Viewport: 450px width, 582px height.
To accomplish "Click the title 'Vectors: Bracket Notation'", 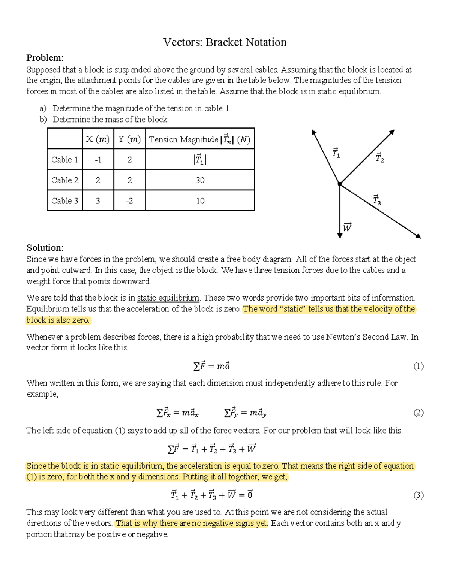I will click(x=225, y=42).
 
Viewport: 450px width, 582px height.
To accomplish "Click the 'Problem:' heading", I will click(x=45, y=58).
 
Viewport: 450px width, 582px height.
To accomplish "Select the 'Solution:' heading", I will click(x=45, y=248).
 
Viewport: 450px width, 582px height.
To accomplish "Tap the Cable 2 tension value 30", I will click(x=200, y=180).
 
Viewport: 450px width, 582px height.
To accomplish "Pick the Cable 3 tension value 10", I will click(x=200, y=201).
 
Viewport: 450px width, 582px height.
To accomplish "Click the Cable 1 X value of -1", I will click(x=98, y=160).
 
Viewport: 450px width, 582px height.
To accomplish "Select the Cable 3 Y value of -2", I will click(x=129, y=201).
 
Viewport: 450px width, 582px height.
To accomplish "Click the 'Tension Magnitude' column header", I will click(x=199, y=139).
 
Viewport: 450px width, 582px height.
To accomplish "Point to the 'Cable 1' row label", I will click(x=64, y=160).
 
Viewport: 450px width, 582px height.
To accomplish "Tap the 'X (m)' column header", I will click(x=97, y=139).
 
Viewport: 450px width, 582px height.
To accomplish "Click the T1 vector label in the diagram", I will click(x=336, y=153).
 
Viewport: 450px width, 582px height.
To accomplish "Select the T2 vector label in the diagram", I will click(x=380, y=158).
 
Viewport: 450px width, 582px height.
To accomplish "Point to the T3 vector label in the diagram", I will click(x=377, y=200).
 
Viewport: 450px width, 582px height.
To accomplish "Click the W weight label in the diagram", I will click(x=347, y=227).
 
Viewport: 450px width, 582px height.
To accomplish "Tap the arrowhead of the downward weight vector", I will click(x=340, y=236).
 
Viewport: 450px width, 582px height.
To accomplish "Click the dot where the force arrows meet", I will click(x=340, y=184).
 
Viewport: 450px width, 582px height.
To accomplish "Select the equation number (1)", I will click(x=418, y=366).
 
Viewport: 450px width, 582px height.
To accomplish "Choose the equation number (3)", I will click(x=418, y=495).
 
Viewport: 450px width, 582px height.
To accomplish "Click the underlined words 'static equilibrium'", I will click(x=168, y=298).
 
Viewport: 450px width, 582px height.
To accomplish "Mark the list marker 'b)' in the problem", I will click(x=43, y=120).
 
